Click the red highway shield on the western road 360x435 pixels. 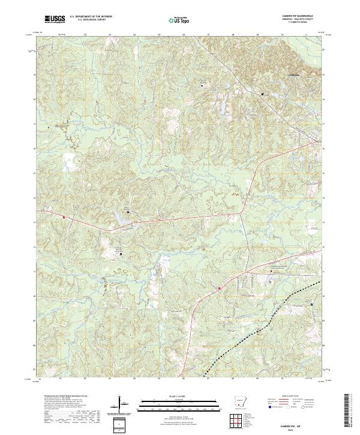click(x=63, y=217)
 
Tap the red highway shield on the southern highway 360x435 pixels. click(x=220, y=288)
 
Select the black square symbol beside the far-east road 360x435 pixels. click(x=311, y=305)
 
